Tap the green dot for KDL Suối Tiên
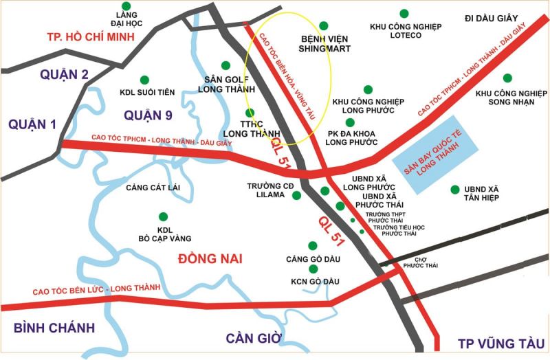[x=144, y=80]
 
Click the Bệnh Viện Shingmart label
[x=324, y=44]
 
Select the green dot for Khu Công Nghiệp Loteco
[x=404, y=12]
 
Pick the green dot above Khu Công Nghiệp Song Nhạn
[x=507, y=78]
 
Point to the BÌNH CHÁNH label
[x=54, y=328]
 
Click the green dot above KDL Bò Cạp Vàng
[x=163, y=216]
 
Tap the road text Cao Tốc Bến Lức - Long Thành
[x=96, y=289]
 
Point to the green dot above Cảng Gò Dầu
[x=313, y=245]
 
